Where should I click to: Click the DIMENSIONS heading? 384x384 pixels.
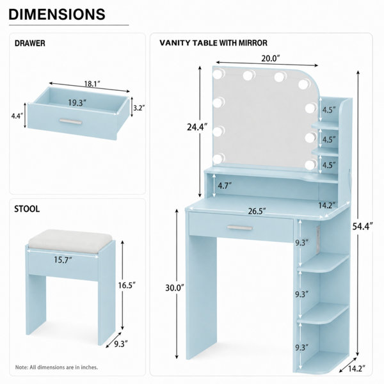point(57,14)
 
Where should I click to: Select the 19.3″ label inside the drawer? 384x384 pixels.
point(77,103)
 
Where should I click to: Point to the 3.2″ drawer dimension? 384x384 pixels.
point(139,108)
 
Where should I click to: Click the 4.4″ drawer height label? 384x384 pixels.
point(17,116)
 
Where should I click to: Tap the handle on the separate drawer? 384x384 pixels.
point(71,122)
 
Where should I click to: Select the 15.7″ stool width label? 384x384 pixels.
point(63,260)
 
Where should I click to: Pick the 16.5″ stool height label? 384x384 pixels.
point(127,285)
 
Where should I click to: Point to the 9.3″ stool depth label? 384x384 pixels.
point(121,344)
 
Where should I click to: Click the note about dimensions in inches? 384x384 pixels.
point(56,367)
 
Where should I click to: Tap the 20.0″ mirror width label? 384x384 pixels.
point(270,58)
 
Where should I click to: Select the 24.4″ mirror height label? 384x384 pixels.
point(197,127)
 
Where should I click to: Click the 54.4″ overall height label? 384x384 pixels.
point(363,226)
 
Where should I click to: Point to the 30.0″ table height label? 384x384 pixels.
point(174,288)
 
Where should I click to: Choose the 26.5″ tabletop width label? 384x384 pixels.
point(257,211)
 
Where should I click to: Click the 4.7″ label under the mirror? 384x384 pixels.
point(225,186)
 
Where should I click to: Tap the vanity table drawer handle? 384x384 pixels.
point(239,228)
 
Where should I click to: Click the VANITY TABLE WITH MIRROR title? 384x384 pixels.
point(213,43)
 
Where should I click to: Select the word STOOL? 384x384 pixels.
point(27,209)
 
